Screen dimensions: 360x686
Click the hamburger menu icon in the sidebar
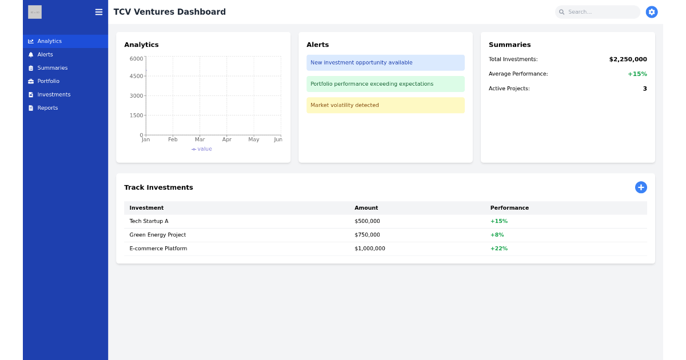click(x=99, y=12)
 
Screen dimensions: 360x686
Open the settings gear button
click(x=651, y=12)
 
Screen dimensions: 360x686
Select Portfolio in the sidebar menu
click(x=48, y=81)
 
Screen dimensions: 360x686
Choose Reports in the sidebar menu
click(x=47, y=108)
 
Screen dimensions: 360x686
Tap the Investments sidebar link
click(x=54, y=94)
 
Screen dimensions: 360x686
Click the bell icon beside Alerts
click(x=31, y=55)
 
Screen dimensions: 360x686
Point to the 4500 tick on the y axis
click(x=137, y=76)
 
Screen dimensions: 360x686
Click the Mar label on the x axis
click(x=200, y=139)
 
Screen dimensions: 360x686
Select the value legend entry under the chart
click(x=202, y=149)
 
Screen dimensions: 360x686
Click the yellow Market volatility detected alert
click(x=385, y=105)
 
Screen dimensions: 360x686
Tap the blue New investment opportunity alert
click(x=385, y=63)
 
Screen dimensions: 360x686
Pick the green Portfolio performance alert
click(x=385, y=84)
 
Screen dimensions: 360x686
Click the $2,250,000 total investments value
click(x=628, y=59)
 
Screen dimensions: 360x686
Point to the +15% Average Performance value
click(x=637, y=74)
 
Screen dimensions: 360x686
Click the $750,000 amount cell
click(x=367, y=235)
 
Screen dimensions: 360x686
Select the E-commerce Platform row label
click(x=158, y=249)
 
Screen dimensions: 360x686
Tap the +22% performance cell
click(x=498, y=249)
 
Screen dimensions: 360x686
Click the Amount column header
click(x=366, y=208)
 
